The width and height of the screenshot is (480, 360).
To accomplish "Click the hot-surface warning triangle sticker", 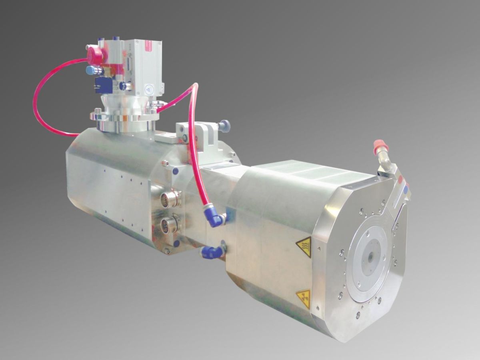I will pos(304,246).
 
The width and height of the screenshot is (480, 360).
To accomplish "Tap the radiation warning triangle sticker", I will pos(304,298).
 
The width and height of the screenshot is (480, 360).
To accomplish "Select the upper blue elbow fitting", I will pos(215,218).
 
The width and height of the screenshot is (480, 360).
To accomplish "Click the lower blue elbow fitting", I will pos(212,252).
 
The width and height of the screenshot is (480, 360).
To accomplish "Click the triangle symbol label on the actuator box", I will pos(149,90).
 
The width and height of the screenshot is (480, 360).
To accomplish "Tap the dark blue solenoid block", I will pos(103,84).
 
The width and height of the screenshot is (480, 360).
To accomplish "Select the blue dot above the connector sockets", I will pos(176,171).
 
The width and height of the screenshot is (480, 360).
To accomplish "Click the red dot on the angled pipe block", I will pos(401,181).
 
